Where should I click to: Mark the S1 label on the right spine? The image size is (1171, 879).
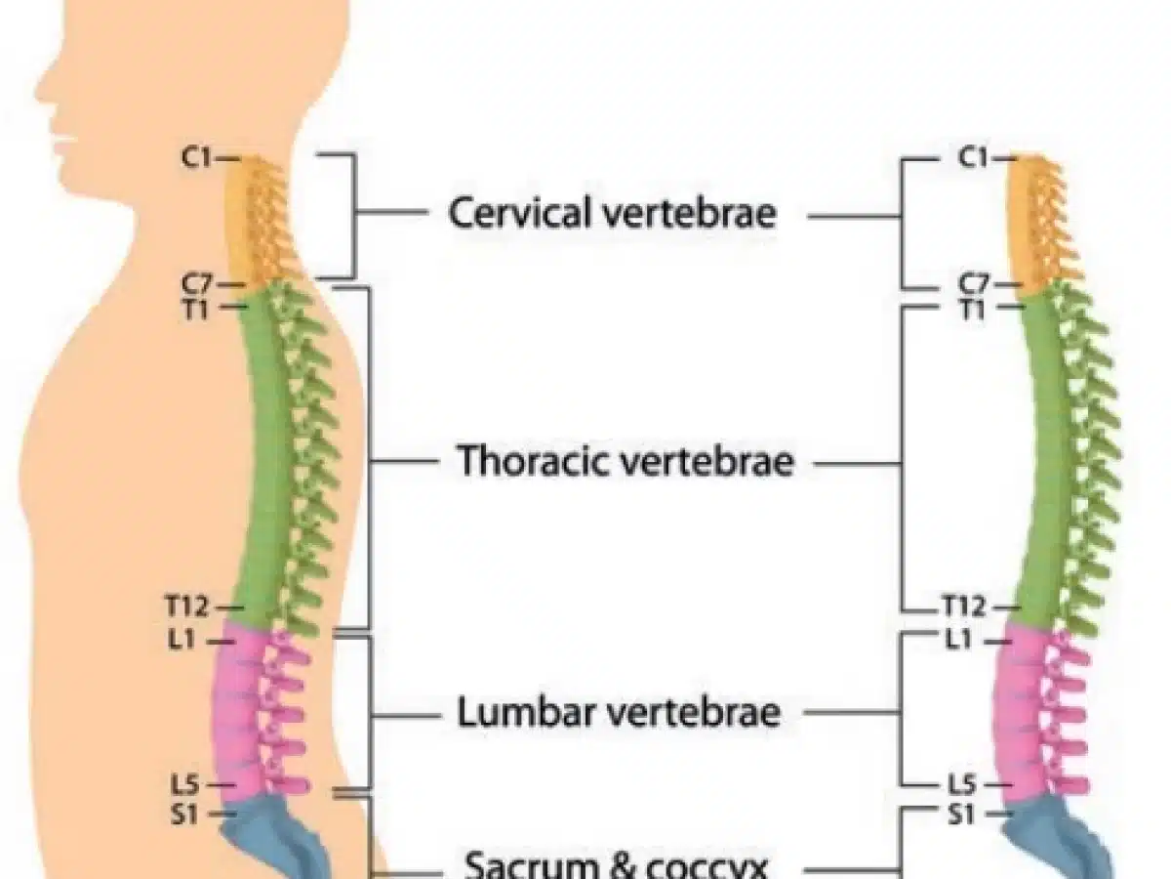[965, 812]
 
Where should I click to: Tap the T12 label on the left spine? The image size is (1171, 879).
[188, 607]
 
